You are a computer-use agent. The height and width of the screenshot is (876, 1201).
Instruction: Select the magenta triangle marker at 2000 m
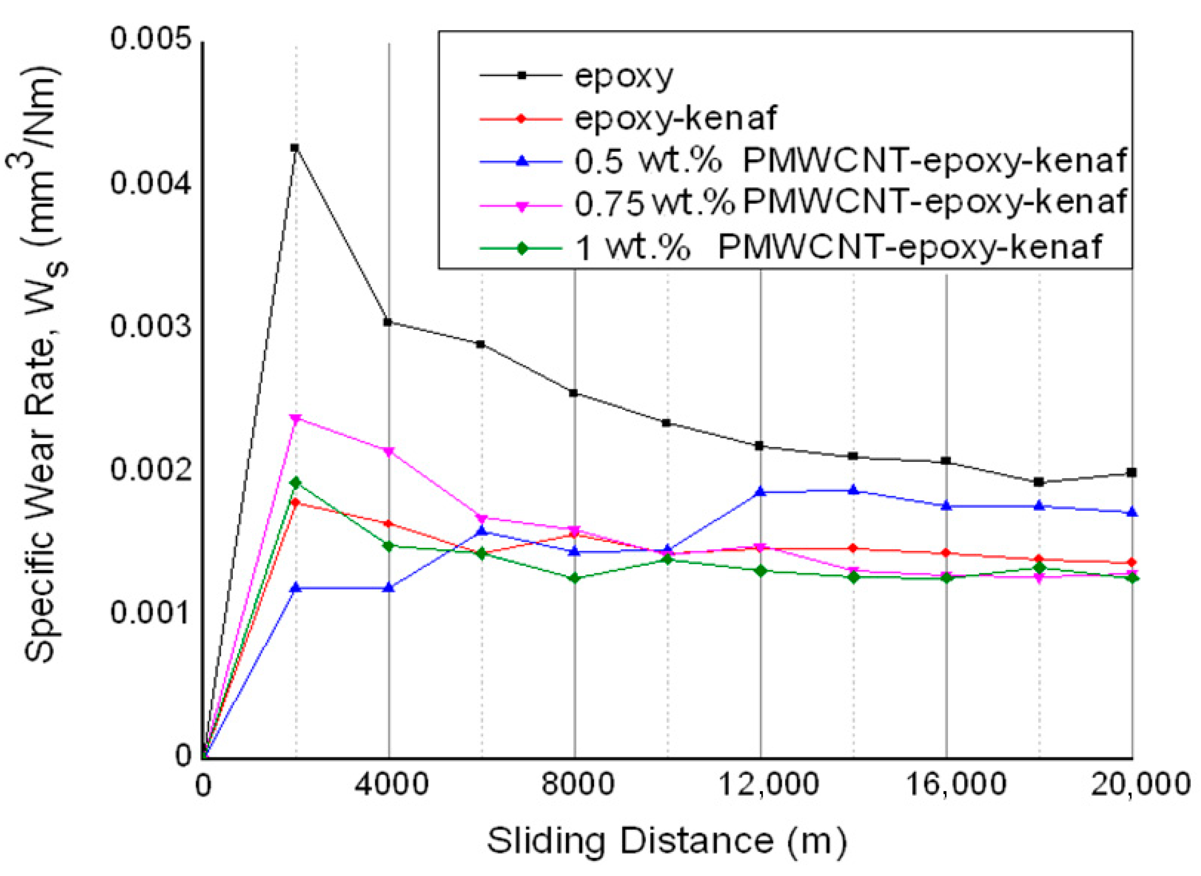point(296,418)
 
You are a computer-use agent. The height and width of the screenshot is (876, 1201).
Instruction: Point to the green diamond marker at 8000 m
point(574,577)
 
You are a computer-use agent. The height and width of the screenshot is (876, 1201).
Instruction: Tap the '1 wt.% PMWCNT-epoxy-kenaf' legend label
point(838,247)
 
